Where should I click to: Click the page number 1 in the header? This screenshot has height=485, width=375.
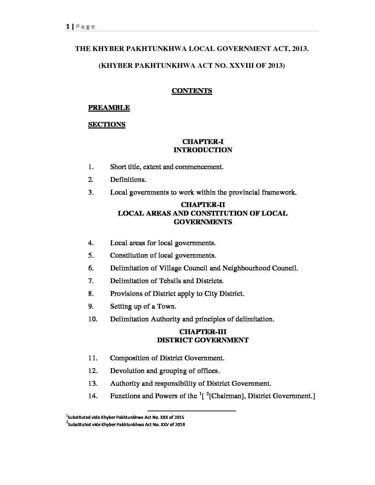point(67,27)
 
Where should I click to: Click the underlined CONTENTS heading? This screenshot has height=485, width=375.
point(192,91)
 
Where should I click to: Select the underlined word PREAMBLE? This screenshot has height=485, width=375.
point(109,108)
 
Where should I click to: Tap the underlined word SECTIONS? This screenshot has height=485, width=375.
point(107,125)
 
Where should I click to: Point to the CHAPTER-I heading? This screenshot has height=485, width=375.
point(203,142)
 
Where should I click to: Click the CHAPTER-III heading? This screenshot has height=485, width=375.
point(203,332)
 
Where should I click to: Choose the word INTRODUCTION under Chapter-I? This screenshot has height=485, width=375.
point(203,150)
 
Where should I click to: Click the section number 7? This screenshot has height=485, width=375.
point(91,281)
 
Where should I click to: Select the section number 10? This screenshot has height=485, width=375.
point(93,319)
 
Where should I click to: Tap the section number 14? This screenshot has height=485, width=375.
point(93,396)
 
